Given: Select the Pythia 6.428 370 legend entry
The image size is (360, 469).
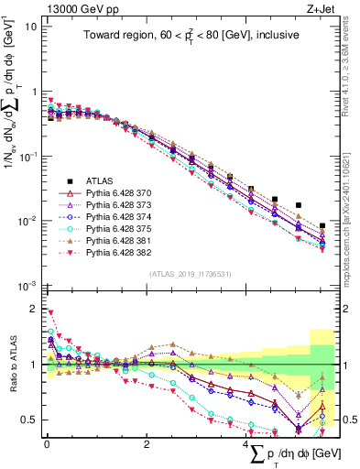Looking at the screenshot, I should (102, 194).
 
